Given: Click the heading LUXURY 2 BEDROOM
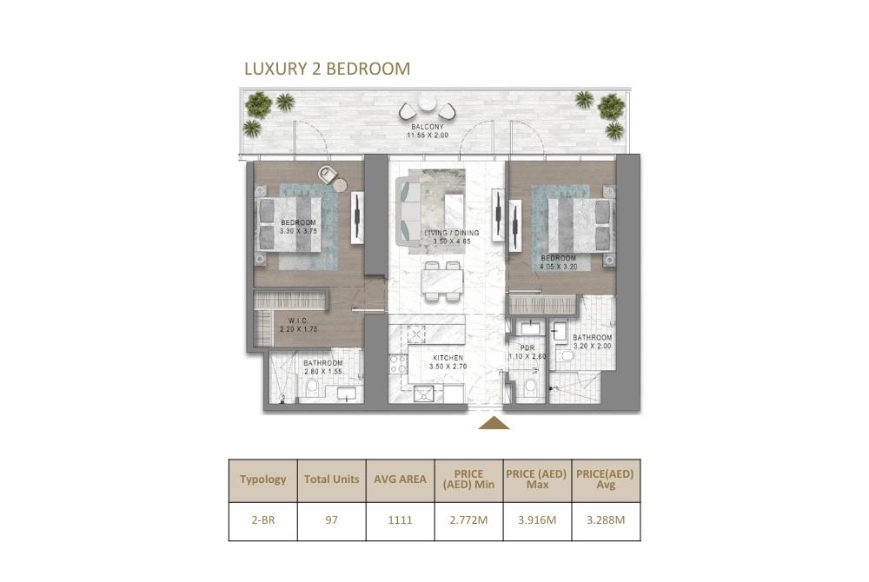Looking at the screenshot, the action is pos(327,69).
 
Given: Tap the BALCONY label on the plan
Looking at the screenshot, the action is pos(428,127).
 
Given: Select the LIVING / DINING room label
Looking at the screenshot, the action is pos(452,233).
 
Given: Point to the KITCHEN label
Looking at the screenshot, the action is pos(448,358).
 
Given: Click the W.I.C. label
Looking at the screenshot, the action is pos(298,321).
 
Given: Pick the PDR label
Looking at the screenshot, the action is pos(527,347).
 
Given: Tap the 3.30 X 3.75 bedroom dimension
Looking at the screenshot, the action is pos(299,231).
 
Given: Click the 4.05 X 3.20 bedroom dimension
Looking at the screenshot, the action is pos(559,267).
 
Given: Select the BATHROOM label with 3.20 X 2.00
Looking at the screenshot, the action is pos(593,337).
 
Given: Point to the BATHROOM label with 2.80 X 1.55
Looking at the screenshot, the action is pos(323,363).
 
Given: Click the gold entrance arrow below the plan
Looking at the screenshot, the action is pos(494,424).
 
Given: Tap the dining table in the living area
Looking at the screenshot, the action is pos(443,281).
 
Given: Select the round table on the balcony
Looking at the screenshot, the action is pos(428,103).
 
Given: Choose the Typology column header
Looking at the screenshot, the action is pos(263,479).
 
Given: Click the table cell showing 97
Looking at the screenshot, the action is pos(331,520).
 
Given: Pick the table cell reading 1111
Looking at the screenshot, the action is pos(400,520).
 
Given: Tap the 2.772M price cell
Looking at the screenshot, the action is pos(469,520).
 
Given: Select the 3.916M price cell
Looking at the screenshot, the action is pos(537,520).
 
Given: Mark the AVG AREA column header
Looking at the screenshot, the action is pos(400,479).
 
